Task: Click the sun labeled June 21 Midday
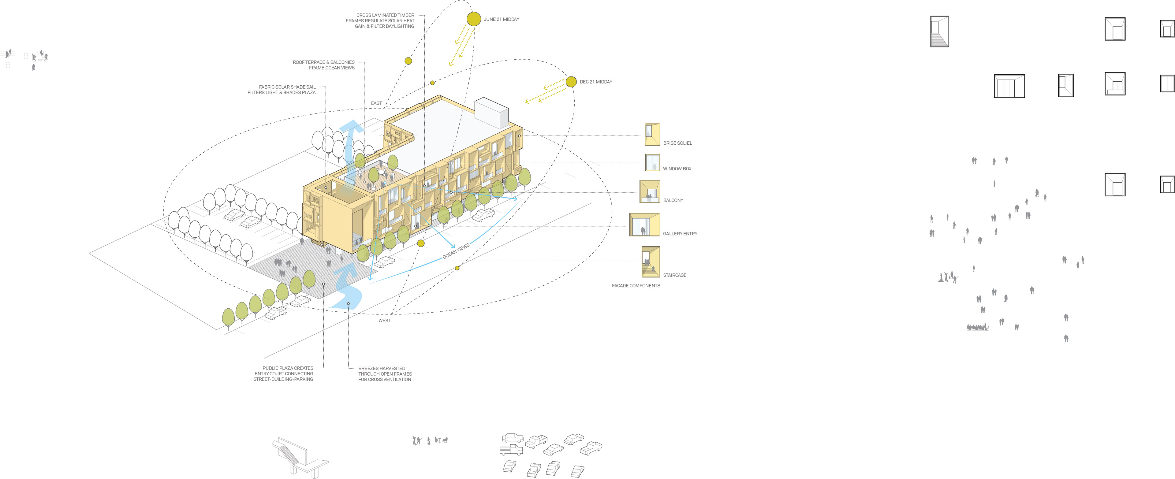pos(473,19)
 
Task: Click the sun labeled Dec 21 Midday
pos(571,82)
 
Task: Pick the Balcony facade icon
pos(650,191)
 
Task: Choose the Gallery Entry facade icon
pos(644,225)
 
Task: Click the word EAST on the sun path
pos(376,103)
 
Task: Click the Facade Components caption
pos(636,286)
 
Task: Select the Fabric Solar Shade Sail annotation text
pos(282,90)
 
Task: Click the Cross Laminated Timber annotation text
pos(380,20)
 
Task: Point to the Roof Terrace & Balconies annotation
pos(323,65)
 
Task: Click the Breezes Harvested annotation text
pos(385,374)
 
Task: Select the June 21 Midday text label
pos(501,20)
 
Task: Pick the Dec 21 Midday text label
pos(596,82)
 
